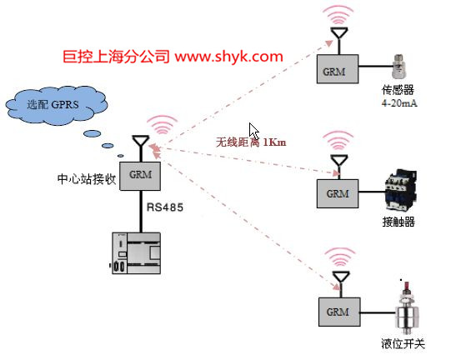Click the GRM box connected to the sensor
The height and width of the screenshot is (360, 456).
point(338,69)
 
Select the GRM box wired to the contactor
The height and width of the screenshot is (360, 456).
point(338,193)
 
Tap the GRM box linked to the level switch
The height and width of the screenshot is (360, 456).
point(339,312)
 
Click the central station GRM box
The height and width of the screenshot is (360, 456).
point(140,176)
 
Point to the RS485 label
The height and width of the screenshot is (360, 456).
point(165,207)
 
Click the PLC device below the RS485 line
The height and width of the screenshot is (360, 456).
point(136,253)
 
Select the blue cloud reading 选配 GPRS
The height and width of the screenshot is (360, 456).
point(57,106)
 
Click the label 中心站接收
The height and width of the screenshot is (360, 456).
point(87,179)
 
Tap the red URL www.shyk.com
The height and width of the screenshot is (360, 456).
point(229,57)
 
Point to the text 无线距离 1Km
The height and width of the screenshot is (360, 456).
point(251,142)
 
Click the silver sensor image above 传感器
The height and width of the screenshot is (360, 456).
point(399,67)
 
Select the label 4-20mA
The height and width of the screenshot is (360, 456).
point(399,103)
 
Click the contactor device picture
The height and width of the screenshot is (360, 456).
point(401,190)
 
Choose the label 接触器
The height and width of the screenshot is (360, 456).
point(398,222)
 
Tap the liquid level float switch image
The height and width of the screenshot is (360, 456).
point(408,307)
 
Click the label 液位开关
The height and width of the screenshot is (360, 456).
point(403,344)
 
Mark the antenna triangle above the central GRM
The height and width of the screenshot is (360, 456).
point(141,141)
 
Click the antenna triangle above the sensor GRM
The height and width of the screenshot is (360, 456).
point(339,32)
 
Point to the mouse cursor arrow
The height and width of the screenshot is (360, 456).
point(254,131)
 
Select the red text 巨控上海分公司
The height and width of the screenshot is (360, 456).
point(116,57)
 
